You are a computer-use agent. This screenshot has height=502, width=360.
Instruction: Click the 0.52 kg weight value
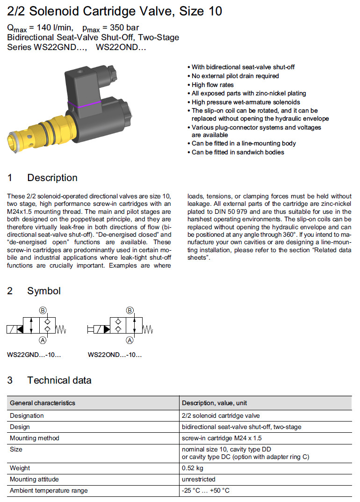point(192,468)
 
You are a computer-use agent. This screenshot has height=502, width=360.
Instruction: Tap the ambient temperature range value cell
point(205,490)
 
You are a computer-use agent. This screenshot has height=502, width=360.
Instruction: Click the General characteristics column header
point(43,403)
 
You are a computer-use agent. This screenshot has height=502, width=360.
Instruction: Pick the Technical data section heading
point(59,380)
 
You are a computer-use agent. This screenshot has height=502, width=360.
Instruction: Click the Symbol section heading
point(44,291)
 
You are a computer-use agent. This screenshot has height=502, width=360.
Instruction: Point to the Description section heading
point(52,178)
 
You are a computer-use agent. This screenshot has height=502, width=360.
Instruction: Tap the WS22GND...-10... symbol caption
point(34,355)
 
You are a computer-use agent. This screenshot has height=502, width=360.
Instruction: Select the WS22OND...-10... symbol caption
point(115,355)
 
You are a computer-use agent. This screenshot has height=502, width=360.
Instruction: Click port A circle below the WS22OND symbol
point(130,340)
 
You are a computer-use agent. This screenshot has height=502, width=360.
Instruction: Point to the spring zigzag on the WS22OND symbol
point(147,330)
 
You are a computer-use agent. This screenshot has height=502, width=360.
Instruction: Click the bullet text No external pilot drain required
point(235,76)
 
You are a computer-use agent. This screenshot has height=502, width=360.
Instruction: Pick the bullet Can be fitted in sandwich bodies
point(238,152)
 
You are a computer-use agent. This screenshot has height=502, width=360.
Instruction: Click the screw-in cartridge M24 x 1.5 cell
point(222,438)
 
